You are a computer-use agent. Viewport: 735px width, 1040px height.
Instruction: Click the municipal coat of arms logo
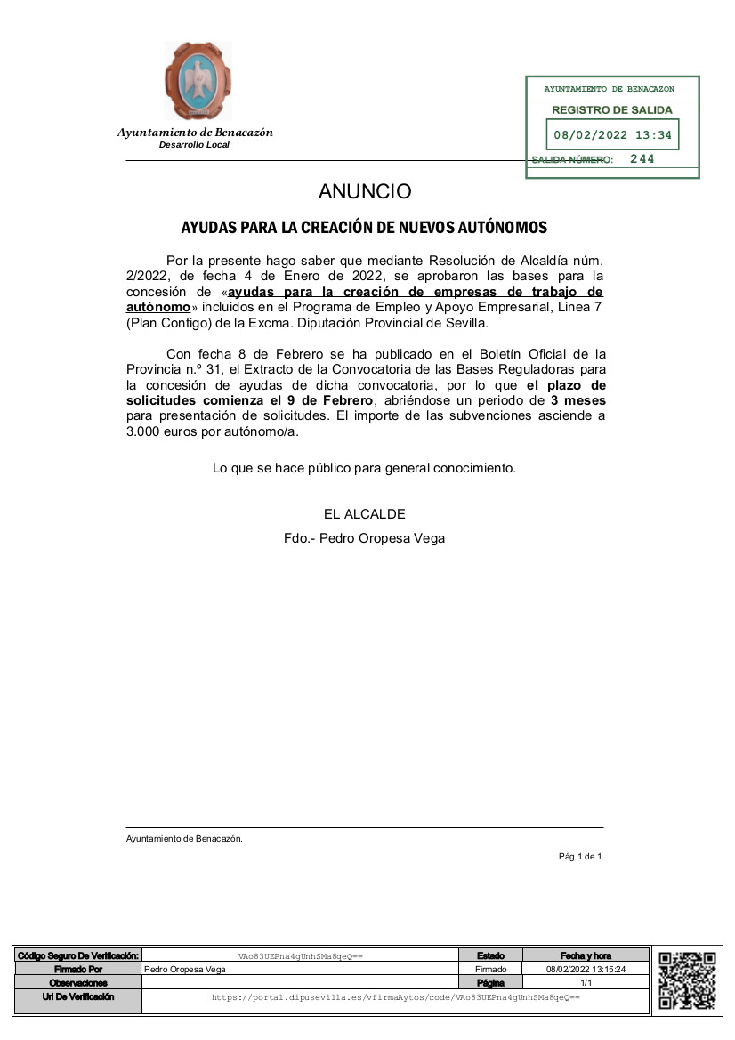(198, 81)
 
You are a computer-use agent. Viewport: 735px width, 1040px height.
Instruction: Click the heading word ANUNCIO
(365, 191)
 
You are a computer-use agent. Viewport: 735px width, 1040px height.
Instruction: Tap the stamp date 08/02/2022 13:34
(612, 136)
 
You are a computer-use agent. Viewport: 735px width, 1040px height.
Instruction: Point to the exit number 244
(642, 159)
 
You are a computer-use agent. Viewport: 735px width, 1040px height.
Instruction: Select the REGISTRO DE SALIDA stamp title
(612, 110)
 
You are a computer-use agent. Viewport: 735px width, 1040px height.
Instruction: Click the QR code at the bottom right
(687, 980)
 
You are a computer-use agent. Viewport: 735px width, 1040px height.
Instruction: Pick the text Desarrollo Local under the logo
(194, 145)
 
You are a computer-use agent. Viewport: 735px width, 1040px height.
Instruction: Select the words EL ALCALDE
(365, 514)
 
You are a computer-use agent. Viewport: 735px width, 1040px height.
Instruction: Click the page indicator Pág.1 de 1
(580, 857)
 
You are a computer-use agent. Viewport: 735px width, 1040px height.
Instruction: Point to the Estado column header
(490, 955)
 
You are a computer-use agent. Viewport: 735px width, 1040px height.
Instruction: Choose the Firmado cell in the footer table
(490, 969)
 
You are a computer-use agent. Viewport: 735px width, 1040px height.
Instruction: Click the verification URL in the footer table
(395, 998)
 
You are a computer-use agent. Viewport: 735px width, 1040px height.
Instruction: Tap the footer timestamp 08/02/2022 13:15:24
(586, 969)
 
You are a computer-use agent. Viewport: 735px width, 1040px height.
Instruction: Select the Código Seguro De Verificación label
(78, 955)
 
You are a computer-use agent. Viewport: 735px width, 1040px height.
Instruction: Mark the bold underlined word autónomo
(158, 306)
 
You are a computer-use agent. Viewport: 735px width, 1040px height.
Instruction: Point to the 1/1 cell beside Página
(586, 983)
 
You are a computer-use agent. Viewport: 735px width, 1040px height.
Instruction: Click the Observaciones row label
(78, 983)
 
